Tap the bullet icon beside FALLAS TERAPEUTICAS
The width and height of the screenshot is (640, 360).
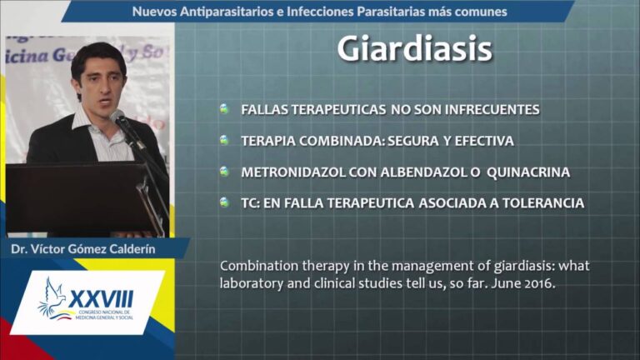tap(224, 109)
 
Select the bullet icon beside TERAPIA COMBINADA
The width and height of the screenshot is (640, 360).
tap(224, 140)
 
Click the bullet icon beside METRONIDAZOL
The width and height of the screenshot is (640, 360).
tap(224, 171)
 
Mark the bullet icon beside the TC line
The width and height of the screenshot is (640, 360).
tap(224, 202)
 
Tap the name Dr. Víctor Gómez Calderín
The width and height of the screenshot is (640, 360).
tap(83, 249)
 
